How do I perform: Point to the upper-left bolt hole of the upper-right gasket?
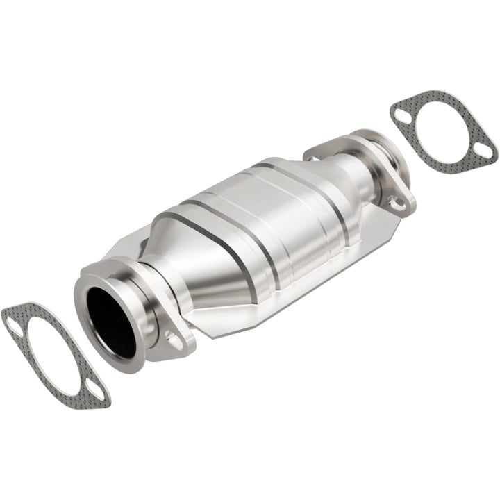click(401, 114)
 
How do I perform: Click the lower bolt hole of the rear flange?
click(397, 202)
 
